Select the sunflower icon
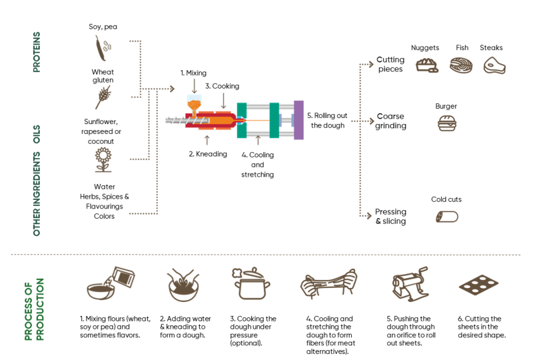click(103, 160)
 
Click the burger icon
click(446, 123)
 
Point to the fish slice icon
click(461, 65)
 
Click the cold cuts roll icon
click(446, 217)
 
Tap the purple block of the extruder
click(298, 120)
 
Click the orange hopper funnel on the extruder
click(194, 104)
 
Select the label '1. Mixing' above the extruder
click(193, 72)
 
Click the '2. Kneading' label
click(208, 153)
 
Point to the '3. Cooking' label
click(222, 86)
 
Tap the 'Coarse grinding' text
click(391, 121)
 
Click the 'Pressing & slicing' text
click(390, 217)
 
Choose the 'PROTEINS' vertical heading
click(37, 51)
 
